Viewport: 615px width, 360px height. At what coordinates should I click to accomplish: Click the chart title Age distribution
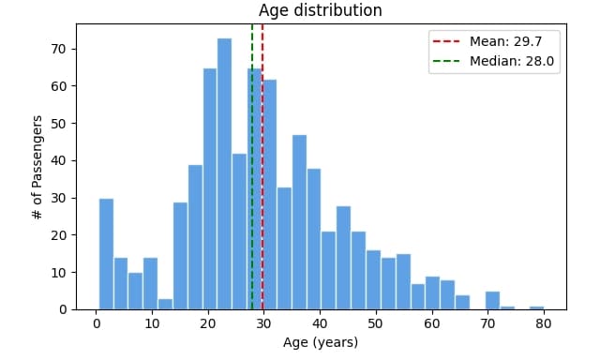tap(320, 11)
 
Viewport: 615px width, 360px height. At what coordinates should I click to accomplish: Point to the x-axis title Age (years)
tap(320, 342)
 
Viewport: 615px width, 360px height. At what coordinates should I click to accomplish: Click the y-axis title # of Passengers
tap(37, 169)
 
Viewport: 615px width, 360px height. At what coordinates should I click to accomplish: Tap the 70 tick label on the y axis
tap(58, 49)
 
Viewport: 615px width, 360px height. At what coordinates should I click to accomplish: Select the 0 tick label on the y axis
tap(62, 309)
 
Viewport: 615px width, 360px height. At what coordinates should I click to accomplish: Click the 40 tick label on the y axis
tap(58, 160)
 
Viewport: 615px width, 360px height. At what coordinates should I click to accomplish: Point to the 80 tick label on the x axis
tap(543, 323)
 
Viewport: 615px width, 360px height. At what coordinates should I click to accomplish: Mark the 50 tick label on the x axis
tap(375, 323)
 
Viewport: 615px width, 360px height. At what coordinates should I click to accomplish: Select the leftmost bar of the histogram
tap(106, 253)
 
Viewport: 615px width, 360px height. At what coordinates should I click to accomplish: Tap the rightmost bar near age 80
tap(536, 307)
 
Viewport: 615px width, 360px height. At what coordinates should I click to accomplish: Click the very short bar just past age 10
tap(165, 304)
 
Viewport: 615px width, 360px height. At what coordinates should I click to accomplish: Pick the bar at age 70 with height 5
tap(492, 300)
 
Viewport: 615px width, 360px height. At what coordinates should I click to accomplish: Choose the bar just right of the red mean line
tap(270, 197)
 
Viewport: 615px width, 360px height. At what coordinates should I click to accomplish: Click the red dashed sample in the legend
tap(444, 41)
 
